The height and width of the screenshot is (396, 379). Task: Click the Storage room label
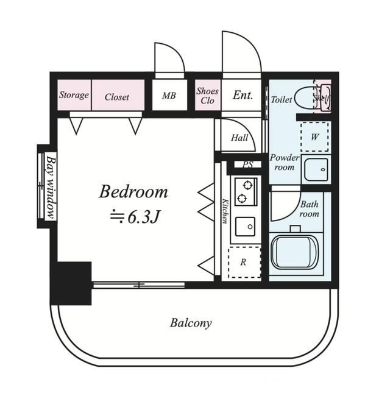tap(74, 95)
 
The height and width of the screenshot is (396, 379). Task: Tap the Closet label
tap(117, 97)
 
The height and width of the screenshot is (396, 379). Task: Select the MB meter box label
tap(169, 96)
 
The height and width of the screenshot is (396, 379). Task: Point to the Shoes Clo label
tap(207, 96)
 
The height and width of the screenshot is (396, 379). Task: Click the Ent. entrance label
tap(243, 95)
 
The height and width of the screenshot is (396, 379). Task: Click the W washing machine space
tap(315, 136)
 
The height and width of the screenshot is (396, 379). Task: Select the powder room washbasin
tap(316, 169)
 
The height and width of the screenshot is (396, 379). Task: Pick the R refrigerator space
tap(244, 262)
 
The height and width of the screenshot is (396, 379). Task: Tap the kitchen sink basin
tap(245, 227)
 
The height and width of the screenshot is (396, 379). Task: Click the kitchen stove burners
tap(246, 192)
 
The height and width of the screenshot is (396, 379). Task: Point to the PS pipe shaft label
tap(247, 165)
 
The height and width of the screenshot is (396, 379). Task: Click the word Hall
tap(239, 138)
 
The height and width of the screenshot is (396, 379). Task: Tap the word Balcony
tap(191, 324)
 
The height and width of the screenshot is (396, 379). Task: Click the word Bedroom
tap(133, 192)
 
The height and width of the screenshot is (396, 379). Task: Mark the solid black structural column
tap(71, 283)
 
